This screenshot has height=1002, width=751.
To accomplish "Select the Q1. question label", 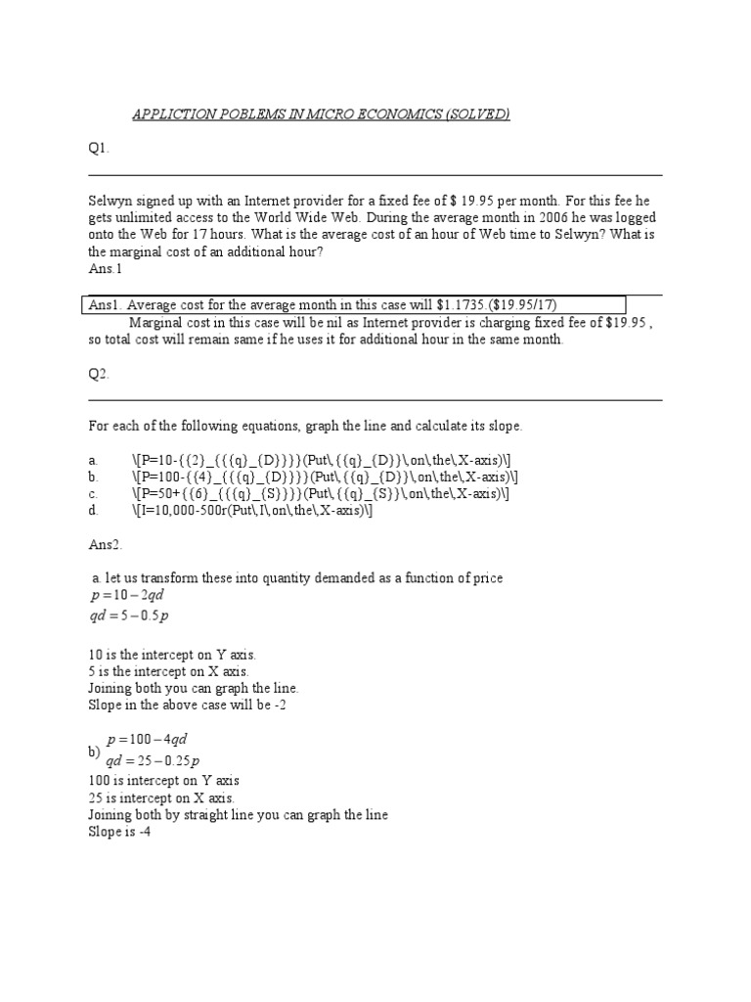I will click(99, 149).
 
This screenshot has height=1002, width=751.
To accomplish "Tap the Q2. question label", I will click(99, 374).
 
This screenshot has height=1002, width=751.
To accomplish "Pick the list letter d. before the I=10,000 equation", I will click(93, 510).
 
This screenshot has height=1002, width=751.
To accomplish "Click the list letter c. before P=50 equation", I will click(93, 493).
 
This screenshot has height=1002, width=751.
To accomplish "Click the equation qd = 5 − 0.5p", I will click(129, 615).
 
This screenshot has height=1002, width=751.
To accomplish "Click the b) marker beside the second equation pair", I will click(95, 751).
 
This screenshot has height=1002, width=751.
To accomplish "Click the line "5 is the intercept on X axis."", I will click(168, 671).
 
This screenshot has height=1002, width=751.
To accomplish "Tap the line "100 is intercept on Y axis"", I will click(163, 781).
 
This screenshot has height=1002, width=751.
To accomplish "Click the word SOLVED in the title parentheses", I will click(479, 115).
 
